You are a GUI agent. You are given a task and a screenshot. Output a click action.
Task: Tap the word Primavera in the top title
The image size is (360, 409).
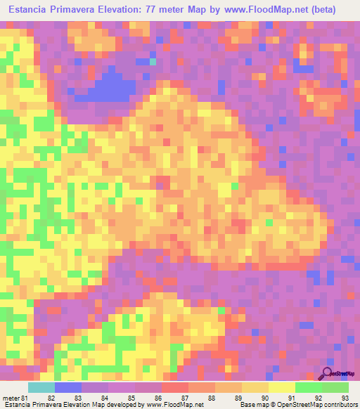78,9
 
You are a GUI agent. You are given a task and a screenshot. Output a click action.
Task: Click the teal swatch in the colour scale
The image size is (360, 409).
41,387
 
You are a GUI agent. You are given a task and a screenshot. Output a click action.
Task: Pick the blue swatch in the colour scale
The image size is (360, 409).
68,387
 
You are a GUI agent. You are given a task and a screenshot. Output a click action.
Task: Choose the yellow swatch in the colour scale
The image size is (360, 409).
282,387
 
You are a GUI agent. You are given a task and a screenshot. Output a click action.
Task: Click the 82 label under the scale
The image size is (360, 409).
51,397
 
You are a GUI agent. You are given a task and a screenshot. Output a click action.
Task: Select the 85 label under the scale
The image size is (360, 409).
130,397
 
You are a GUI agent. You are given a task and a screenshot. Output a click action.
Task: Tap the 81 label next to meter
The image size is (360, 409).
26,397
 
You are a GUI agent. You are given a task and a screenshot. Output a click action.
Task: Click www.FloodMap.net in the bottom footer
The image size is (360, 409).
171,405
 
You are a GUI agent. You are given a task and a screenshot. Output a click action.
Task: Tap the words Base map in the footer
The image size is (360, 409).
250,405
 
